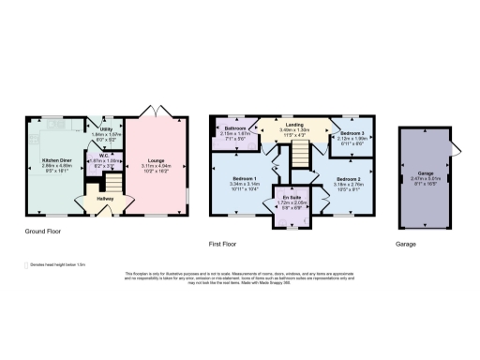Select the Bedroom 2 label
[x=346, y=178]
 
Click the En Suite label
[x=291, y=198]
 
